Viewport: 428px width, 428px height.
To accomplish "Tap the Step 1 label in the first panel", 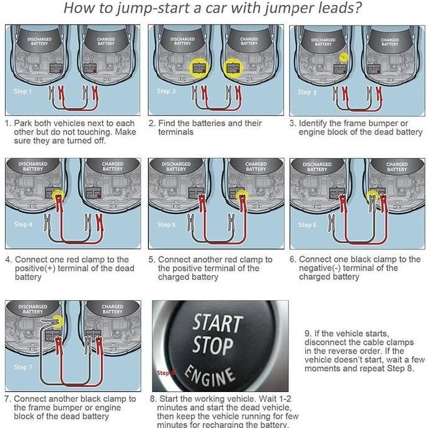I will pos(22,91).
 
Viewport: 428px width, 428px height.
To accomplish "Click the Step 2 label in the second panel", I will pos(167,91).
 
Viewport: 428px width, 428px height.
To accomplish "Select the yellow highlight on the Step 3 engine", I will pos(342,56).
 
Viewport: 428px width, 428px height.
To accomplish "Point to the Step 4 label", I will pos(24,225).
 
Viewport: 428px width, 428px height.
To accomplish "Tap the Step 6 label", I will pos(307,225).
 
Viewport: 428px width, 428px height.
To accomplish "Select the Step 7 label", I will pos(22,367).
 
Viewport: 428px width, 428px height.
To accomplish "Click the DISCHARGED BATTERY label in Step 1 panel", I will pos(40,41).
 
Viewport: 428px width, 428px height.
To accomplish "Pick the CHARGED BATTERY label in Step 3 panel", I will pos(390,42).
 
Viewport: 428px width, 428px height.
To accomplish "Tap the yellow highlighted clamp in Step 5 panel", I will pos(242,197).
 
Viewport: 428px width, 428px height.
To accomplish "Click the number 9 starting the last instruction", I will pos(307,333).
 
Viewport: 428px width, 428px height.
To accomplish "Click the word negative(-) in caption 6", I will pos(319,268).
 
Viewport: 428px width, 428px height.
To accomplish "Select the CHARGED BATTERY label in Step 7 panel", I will pos(112,309).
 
